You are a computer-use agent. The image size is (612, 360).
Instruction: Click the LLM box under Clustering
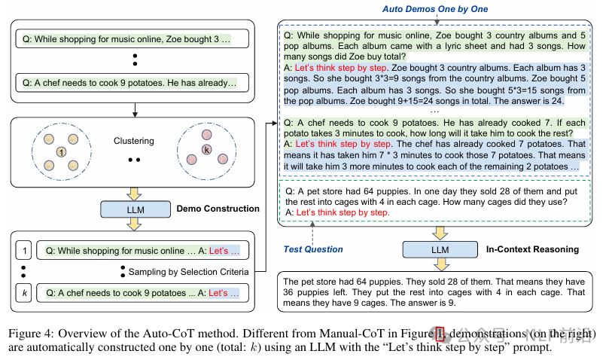coord(135,209)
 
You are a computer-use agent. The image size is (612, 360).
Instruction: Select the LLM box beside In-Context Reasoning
coord(440,249)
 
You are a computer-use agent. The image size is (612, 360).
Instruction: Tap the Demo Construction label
coord(218,209)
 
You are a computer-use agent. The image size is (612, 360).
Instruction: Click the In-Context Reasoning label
coord(532,249)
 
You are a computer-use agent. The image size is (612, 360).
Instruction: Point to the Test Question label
coord(313,249)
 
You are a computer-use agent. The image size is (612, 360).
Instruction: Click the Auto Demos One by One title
coord(435,9)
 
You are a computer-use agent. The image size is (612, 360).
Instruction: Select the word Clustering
coord(134,141)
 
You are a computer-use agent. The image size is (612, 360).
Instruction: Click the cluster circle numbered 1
coord(61,152)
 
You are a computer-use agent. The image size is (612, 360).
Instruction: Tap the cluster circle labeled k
coord(206,149)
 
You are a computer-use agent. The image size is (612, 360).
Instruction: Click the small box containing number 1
coord(24,250)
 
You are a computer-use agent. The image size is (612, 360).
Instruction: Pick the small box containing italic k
coord(24,293)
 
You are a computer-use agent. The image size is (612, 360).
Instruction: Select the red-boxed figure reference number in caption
coord(440,334)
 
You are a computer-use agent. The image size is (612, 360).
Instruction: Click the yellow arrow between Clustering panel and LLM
coord(134,194)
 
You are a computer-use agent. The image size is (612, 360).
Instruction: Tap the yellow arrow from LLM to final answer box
coord(440,265)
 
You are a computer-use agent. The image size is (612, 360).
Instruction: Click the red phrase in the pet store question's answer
coord(343,212)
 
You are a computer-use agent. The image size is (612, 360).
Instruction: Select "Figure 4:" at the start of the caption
coord(30,334)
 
